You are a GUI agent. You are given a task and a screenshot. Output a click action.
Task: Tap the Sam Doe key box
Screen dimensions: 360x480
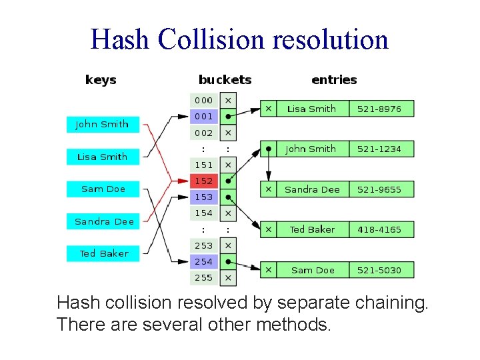[103, 189]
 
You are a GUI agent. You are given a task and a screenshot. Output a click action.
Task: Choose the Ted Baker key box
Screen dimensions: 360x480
[103, 253]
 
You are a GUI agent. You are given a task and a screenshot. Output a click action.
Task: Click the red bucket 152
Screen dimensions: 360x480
[204, 181]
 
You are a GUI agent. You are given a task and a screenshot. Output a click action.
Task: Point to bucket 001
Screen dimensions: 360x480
[204, 116]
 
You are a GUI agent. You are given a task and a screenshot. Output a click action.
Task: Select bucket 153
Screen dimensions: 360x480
[204, 197]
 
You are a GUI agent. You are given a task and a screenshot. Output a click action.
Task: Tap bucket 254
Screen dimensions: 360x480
[204, 261]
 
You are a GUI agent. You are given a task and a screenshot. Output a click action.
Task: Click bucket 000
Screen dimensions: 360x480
[204, 100]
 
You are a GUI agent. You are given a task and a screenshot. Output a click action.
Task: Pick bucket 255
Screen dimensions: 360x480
[204, 277]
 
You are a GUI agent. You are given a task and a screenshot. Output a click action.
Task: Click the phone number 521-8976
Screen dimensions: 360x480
[379, 109]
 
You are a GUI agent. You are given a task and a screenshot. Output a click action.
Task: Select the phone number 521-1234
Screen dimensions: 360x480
[379, 149]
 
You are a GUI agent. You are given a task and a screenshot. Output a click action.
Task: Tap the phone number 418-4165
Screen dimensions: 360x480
[379, 229]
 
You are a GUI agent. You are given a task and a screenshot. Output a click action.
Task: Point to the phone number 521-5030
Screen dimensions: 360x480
[379, 270]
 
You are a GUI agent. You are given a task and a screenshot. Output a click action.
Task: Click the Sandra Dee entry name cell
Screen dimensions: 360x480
[312, 189]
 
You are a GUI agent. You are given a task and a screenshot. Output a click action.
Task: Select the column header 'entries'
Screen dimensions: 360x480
[334, 80]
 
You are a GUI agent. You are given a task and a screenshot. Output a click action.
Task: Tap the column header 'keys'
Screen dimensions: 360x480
[101, 80]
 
